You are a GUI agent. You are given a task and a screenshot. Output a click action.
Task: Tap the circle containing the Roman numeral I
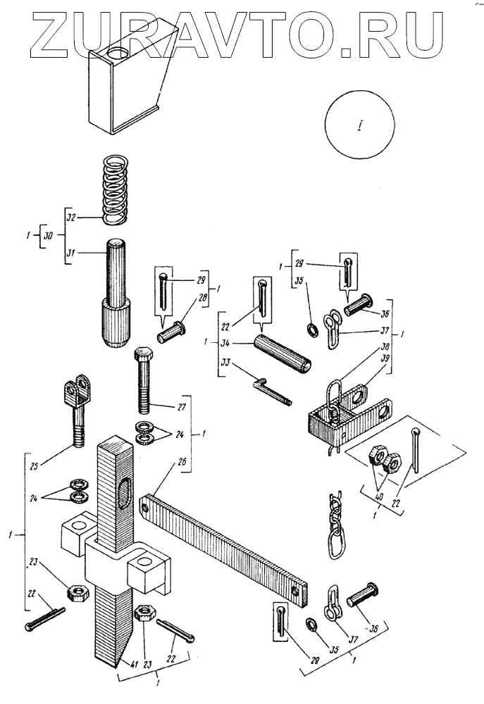[360, 125]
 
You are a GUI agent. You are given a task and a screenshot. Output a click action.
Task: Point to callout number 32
[72, 218]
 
